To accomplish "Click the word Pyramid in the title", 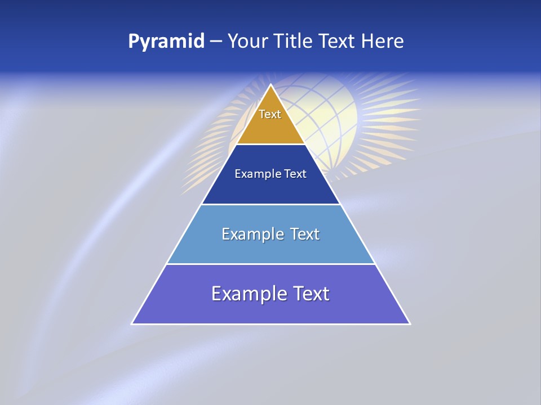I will (166, 42).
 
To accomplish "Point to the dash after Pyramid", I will (215, 42).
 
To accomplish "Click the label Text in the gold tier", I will (270, 114).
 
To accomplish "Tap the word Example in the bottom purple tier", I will (246, 294).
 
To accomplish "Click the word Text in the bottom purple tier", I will (309, 294).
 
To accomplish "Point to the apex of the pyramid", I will (271, 85).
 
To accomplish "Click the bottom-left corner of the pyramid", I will (133, 323).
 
